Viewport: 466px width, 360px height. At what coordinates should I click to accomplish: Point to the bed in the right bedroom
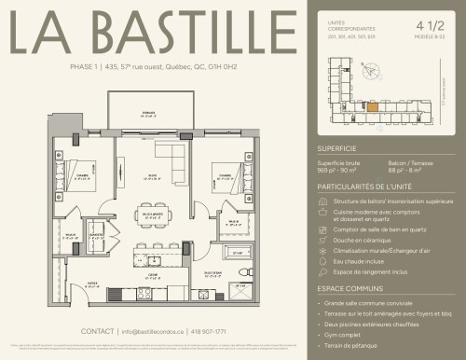pos(227,176)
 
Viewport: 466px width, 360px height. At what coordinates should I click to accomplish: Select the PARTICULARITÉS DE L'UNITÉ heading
pos(360,187)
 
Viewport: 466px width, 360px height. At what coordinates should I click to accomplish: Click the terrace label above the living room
pos(148,112)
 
